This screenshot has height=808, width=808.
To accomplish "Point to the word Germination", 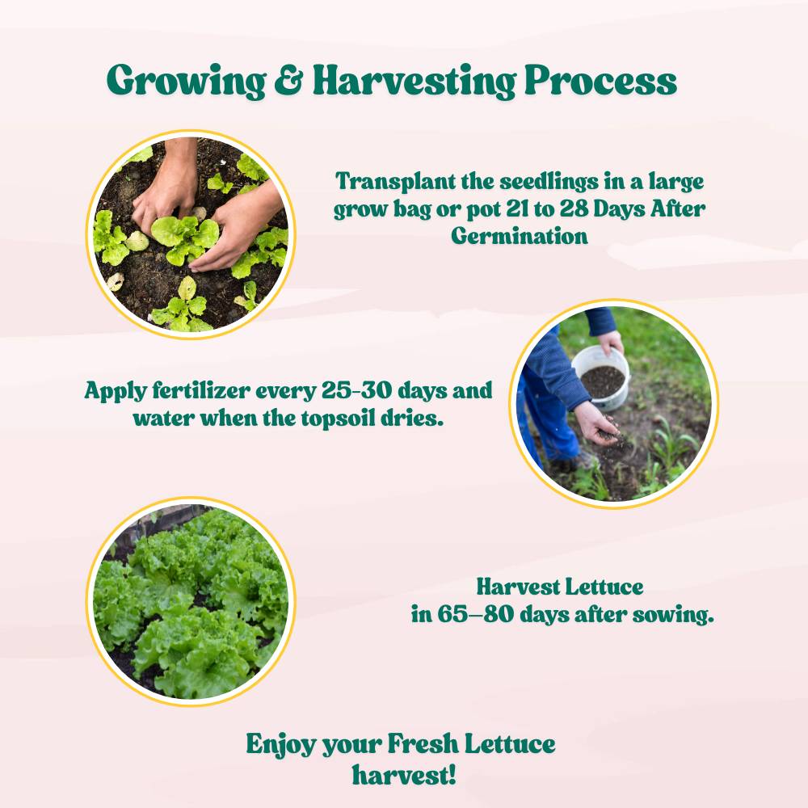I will tap(520, 236).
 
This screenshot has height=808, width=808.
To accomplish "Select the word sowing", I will tap(673, 614).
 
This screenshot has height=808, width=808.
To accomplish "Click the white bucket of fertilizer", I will tap(602, 376).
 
